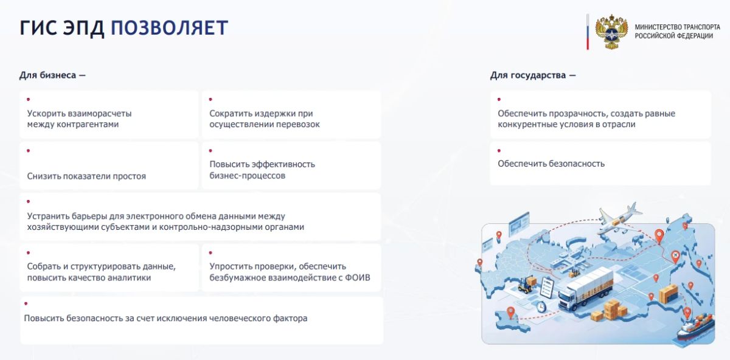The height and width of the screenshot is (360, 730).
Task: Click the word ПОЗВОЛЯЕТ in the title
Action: tap(169, 28)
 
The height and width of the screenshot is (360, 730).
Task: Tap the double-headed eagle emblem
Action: tap(611, 32)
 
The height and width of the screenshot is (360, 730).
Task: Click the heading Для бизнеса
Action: tap(52, 75)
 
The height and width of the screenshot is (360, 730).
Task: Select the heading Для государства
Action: tap(533, 75)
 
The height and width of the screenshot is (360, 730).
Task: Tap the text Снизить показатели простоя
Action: tap(86, 176)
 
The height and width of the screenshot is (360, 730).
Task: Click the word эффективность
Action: tap(283, 164)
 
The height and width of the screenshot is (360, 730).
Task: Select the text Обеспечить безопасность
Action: tap(551, 164)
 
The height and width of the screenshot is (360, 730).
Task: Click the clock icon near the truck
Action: tap(541, 307)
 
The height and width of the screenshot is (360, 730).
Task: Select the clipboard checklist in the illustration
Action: tap(547, 287)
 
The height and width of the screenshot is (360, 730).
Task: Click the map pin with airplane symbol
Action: tap(676, 256)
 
